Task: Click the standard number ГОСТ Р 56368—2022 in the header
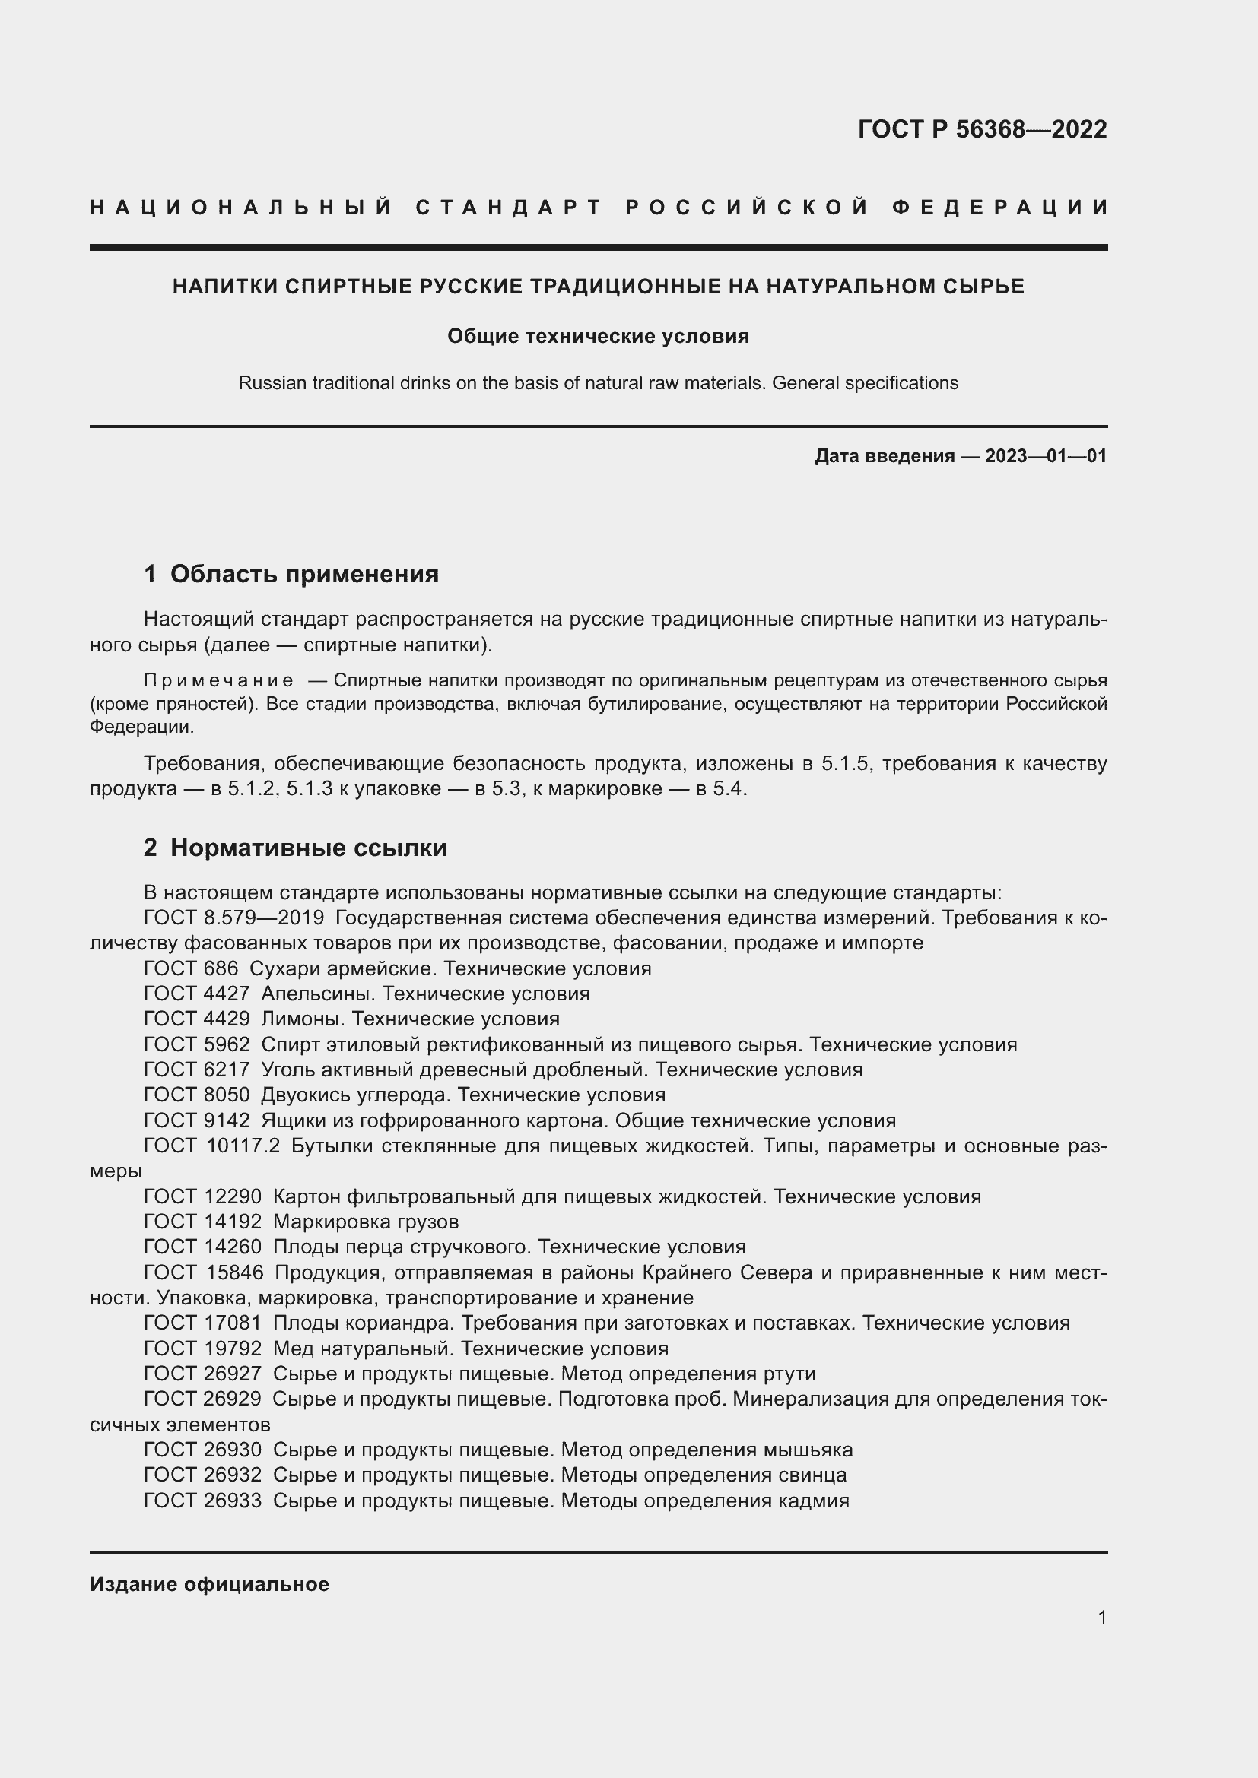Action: tap(981, 128)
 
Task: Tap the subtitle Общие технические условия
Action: tap(598, 336)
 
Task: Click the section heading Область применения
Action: tap(303, 574)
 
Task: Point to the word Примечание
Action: tap(218, 680)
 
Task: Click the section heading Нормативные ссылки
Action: tap(308, 848)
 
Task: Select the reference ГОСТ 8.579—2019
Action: tap(234, 918)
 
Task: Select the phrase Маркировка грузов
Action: tap(366, 1222)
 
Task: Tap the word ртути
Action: tap(789, 1374)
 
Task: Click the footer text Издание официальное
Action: tap(209, 1584)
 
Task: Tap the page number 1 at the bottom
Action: tap(1101, 1617)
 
